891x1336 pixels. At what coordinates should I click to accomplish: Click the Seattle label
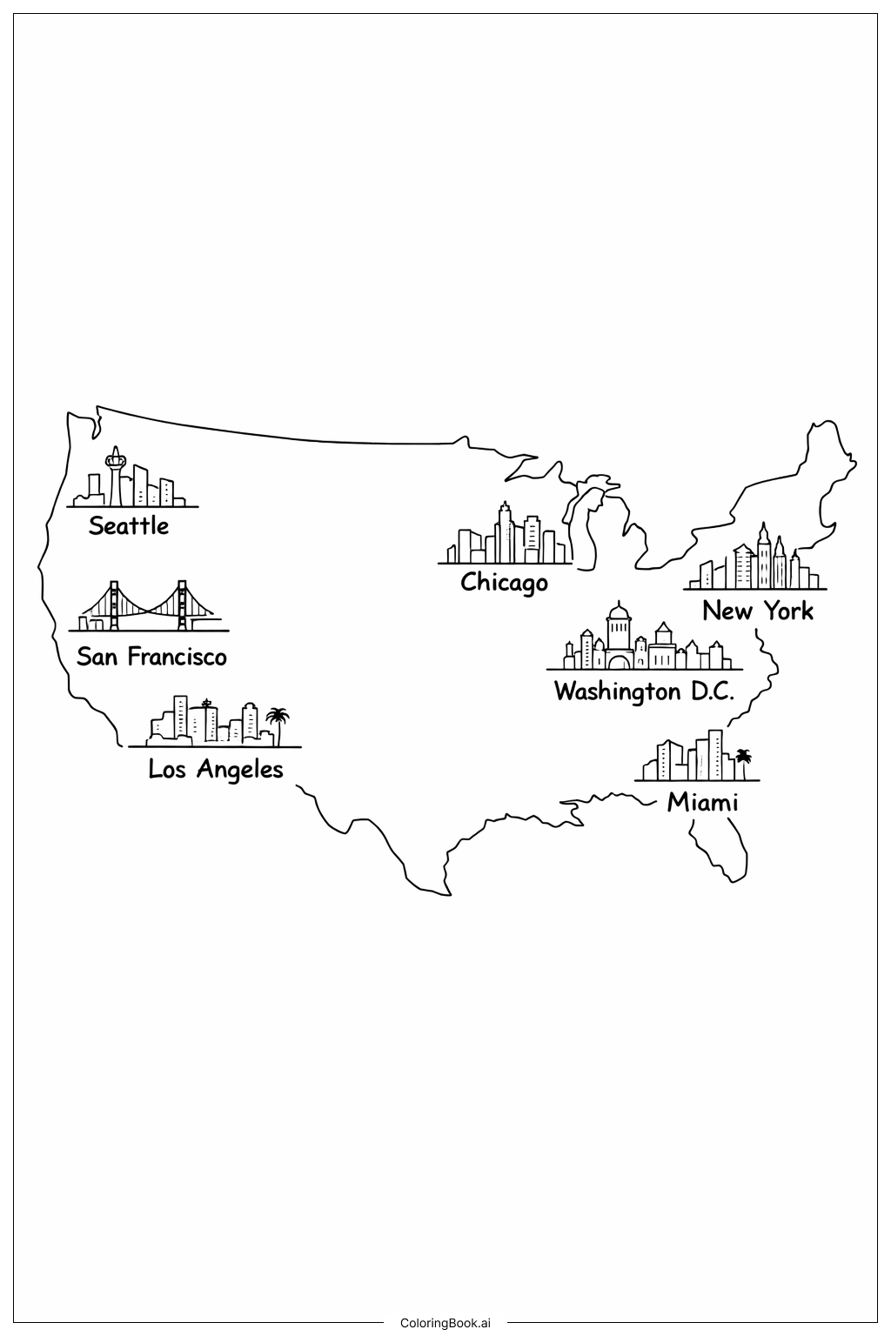pos(129,525)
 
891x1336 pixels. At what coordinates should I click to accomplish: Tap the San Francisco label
pos(151,656)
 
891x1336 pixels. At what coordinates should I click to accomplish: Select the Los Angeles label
pos(216,769)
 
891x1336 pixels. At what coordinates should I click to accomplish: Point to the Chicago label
pos(504,582)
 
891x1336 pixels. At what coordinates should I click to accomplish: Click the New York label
pos(758,611)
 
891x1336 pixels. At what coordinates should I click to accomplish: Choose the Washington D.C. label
pos(644,691)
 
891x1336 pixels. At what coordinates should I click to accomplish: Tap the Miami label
pos(702,802)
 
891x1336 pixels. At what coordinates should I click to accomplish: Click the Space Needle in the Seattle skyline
pos(115,474)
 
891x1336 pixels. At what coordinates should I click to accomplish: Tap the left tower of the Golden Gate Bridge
pos(113,605)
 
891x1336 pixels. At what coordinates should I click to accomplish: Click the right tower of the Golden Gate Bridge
pos(182,605)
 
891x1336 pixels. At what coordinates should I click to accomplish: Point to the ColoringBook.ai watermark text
pos(445,1323)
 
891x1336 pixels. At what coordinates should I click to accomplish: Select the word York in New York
pos(788,611)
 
